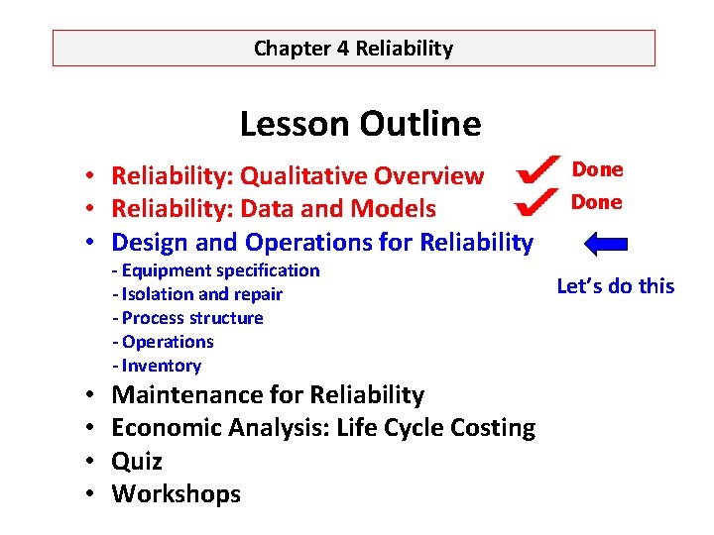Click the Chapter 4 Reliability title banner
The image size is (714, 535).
click(x=353, y=48)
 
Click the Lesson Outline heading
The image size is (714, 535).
click(x=360, y=124)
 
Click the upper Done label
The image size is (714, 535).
click(x=598, y=169)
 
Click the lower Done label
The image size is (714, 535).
click(x=598, y=202)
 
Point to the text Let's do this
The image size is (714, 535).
click(x=615, y=286)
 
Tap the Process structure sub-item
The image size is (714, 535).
click(x=187, y=318)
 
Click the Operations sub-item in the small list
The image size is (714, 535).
click(x=163, y=342)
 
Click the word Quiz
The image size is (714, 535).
click(x=137, y=462)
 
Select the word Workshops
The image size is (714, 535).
click(x=176, y=494)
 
